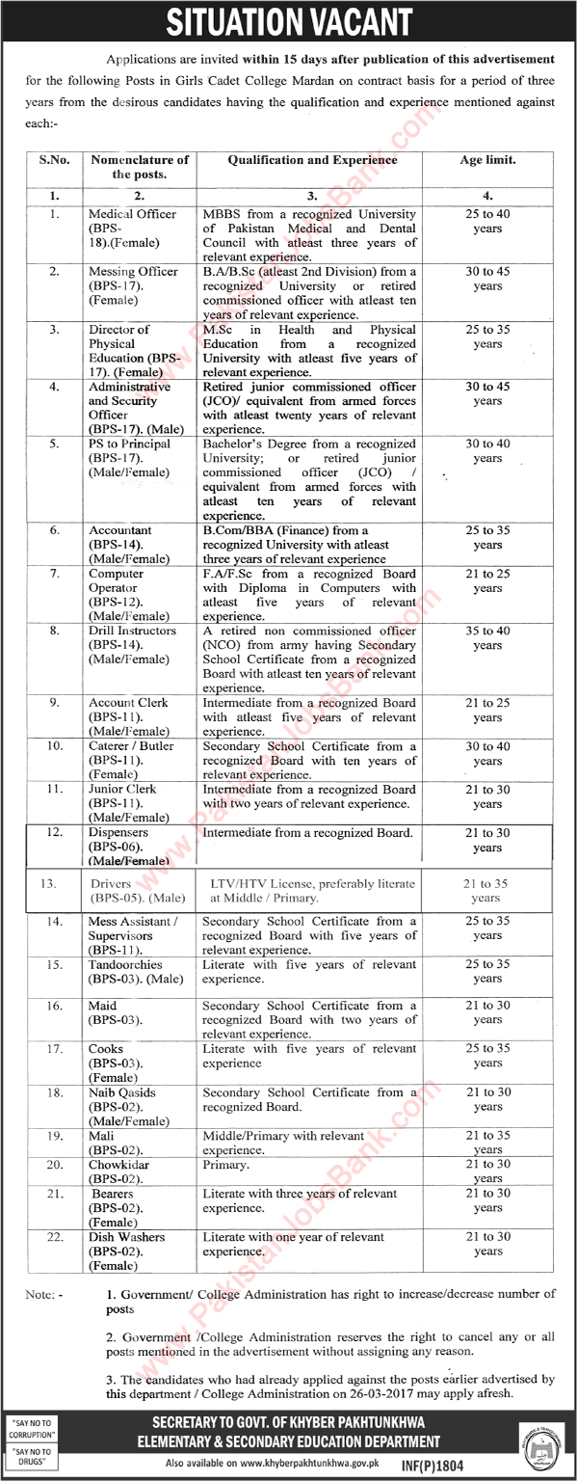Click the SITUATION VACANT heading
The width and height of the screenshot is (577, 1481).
(288, 21)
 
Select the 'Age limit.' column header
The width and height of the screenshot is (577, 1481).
(487, 160)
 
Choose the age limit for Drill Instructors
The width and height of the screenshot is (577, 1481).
(487, 638)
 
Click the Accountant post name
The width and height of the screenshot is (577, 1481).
(120, 530)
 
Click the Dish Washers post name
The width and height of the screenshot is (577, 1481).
(126, 1236)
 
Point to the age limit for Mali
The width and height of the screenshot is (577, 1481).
(487, 1143)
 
